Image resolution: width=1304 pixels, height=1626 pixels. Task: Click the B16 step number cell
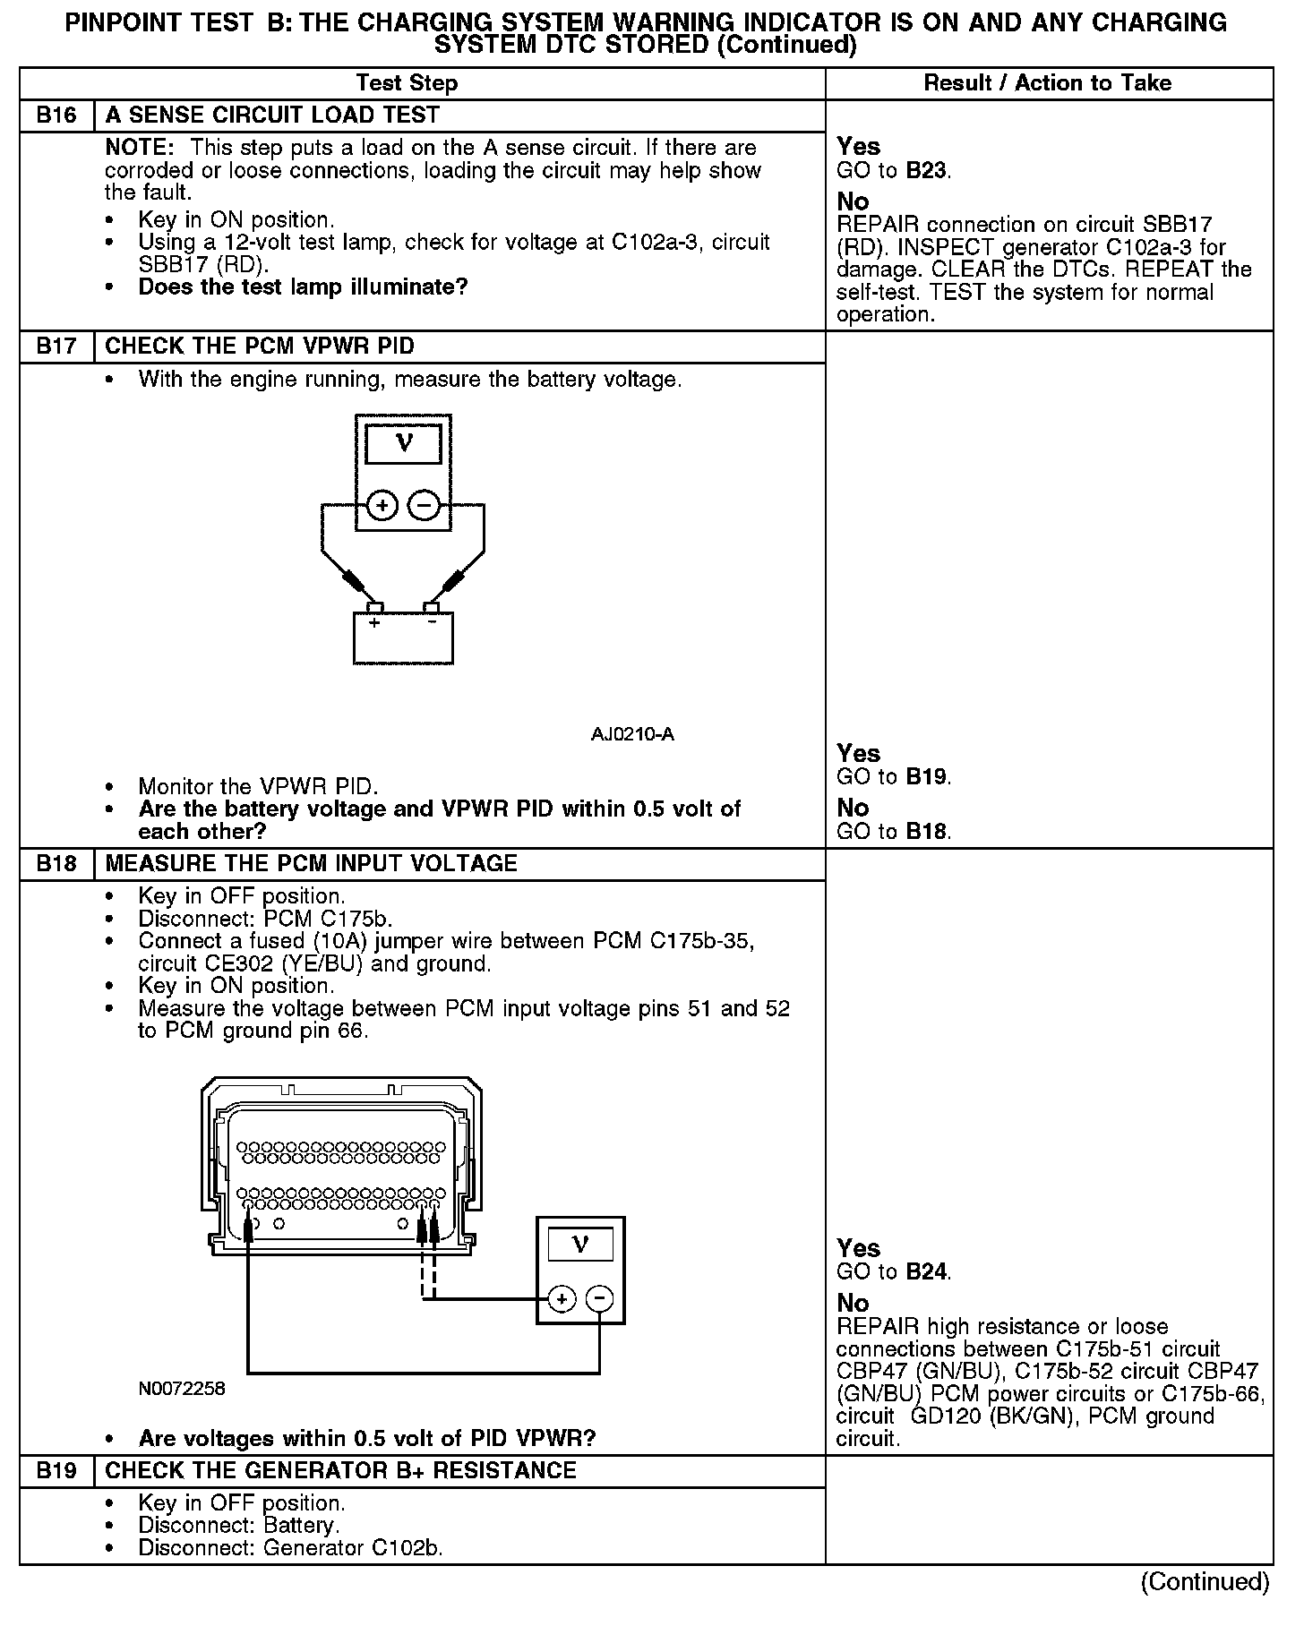(56, 116)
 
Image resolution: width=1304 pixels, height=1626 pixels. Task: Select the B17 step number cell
(56, 347)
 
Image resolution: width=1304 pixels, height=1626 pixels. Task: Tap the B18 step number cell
(56, 864)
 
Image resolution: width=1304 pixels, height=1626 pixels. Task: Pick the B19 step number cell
(56, 1471)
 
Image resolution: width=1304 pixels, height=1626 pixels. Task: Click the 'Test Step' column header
(407, 83)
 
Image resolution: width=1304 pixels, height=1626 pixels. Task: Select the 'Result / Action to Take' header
(1047, 83)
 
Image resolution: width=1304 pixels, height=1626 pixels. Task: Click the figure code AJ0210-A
(632, 735)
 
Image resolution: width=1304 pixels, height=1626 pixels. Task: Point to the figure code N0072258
(182, 1389)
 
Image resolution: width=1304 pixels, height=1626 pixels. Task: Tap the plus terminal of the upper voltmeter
(382, 506)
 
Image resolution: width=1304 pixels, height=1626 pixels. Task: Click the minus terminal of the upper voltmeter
(424, 506)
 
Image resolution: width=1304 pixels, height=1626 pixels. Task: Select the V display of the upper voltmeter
(404, 444)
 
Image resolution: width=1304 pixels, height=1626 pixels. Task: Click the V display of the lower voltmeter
(580, 1245)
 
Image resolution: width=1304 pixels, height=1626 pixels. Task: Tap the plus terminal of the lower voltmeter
(562, 1298)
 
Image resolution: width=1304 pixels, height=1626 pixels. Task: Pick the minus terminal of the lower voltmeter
(600, 1298)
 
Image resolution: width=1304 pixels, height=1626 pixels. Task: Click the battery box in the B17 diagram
(403, 638)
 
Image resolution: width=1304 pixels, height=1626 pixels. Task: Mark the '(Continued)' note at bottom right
(1205, 1581)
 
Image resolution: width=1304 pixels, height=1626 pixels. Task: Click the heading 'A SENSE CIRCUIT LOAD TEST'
(272, 116)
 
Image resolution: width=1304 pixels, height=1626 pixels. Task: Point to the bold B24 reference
(926, 1271)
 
